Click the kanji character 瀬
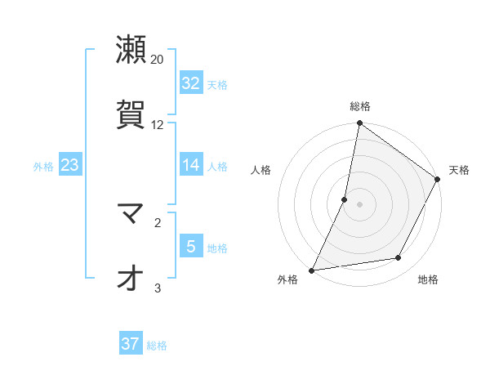coord(131,50)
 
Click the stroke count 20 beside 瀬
coord(158,60)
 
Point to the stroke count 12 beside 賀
coord(158,124)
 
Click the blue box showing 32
coord(191,83)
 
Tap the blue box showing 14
coord(191,165)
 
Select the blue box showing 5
coord(191,247)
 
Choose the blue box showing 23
coord(69,166)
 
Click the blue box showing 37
coord(130,344)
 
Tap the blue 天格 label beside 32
coord(217,85)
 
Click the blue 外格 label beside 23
coord(43,167)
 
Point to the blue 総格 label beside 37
coord(157,346)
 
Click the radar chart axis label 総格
coord(360,106)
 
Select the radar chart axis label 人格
coord(261,170)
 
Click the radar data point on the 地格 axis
coord(399,258)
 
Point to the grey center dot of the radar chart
coord(359,204)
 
